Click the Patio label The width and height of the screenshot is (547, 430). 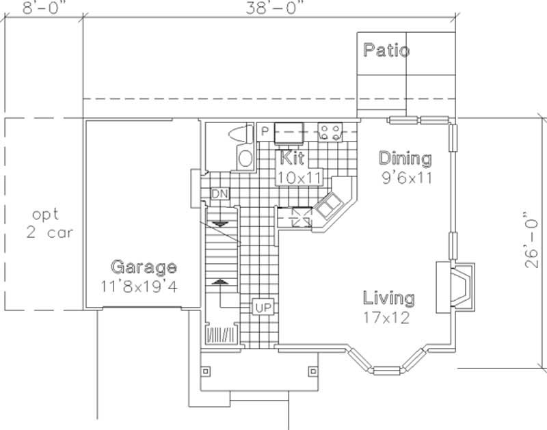pyautogui.click(x=386, y=51)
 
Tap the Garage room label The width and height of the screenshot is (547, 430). pyautogui.click(x=144, y=267)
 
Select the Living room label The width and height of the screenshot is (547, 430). pyautogui.click(x=388, y=298)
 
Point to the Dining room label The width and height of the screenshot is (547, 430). pyautogui.click(x=405, y=159)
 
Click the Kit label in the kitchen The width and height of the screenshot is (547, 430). pyautogui.click(x=292, y=159)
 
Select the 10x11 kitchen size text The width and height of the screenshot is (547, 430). pyautogui.click(x=299, y=177)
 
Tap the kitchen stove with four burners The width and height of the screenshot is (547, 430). pyautogui.click(x=330, y=132)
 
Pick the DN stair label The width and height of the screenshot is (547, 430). pyautogui.click(x=220, y=194)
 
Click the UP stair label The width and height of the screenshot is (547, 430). pyautogui.click(x=263, y=308)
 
